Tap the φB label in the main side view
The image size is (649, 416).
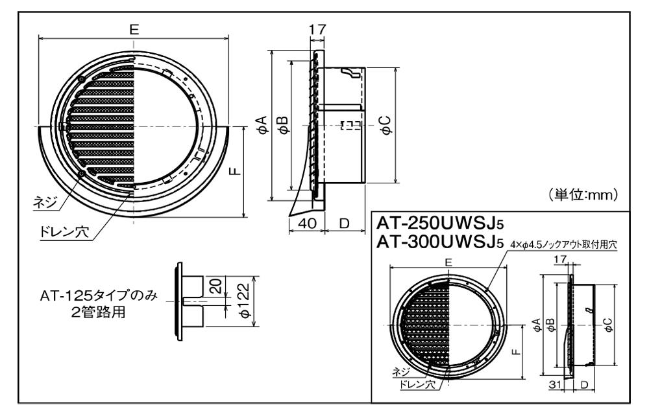(283, 124)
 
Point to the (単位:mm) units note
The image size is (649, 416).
(582, 194)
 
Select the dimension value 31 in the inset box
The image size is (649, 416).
(554, 385)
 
